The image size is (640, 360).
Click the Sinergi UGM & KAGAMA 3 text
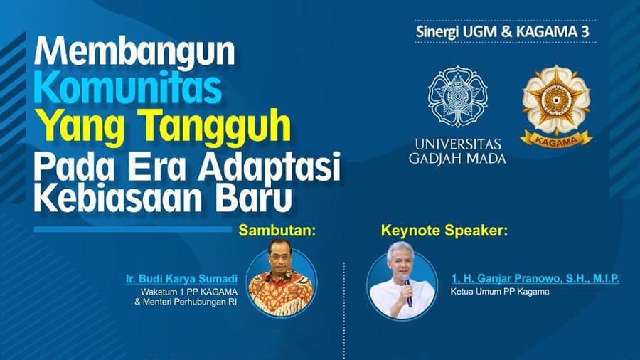click(503, 32)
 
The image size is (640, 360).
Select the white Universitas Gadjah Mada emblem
click(457, 96)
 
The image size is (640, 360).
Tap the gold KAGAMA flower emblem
click(556, 100)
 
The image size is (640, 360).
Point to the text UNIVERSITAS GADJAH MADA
click(457, 152)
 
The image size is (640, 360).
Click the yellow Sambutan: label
click(277, 231)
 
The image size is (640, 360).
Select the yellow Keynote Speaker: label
click(444, 231)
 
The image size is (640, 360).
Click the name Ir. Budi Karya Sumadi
click(181, 279)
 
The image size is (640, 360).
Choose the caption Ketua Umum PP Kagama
click(500, 292)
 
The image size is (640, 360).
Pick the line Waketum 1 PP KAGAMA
click(189, 292)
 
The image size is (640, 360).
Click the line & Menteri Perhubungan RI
click(186, 302)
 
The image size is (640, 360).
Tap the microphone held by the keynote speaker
click(407, 290)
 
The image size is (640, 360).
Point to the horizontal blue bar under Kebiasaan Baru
click(133, 229)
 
